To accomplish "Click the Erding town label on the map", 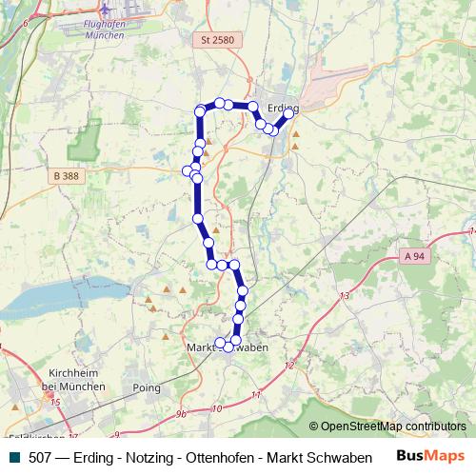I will (283, 108).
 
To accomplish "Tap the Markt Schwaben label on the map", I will (228, 347).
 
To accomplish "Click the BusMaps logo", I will (431, 457).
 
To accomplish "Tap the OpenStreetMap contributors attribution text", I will (393, 426).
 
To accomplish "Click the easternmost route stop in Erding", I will (288, 113).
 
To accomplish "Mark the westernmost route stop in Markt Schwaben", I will (220, 343).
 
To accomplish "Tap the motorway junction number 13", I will (344, 297).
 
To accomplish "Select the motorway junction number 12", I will (288, 365).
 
